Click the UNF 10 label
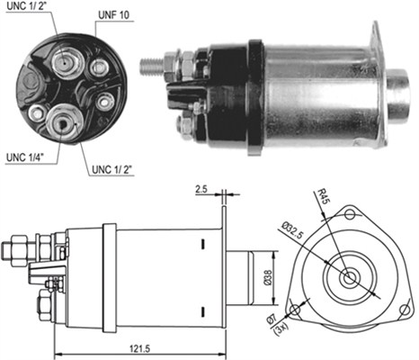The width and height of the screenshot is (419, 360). pyautogui.click(x=114, y=15)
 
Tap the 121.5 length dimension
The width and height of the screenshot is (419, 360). pyautogui.click(x=139, y=348)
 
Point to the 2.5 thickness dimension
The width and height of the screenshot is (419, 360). pyautogui.click(x=201, y=189)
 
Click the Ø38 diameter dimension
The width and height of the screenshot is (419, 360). pyautogui.click(x=268, y=277)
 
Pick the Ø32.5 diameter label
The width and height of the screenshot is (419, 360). pyautogui.click(x=293, y=230)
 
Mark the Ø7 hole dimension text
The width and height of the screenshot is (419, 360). pyautogui.click(x=272, y=319)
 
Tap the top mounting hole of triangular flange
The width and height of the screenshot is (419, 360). pyautogui.click(x=349, y=214)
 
